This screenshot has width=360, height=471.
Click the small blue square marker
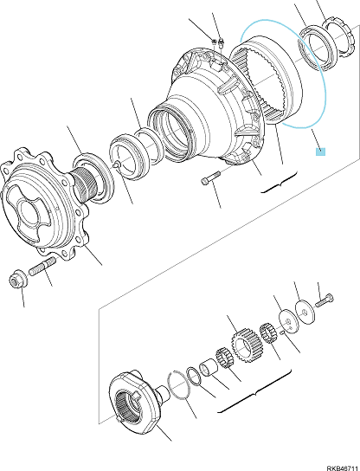point(320,152)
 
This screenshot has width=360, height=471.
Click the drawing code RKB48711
point(343,468)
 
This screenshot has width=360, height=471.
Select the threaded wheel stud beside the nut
point(42,266)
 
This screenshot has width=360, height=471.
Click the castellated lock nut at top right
point(339,38)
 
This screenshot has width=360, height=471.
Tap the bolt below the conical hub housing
point(211,177)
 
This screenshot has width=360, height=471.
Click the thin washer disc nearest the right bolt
point(305,312)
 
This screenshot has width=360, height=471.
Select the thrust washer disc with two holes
point(289,321)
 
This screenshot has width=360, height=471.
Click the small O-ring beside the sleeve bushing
point(194,376)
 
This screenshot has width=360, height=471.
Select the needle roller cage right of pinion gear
point(267,332)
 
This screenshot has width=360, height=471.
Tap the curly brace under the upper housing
point(279,184)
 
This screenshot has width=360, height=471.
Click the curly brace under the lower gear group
point(254,392)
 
